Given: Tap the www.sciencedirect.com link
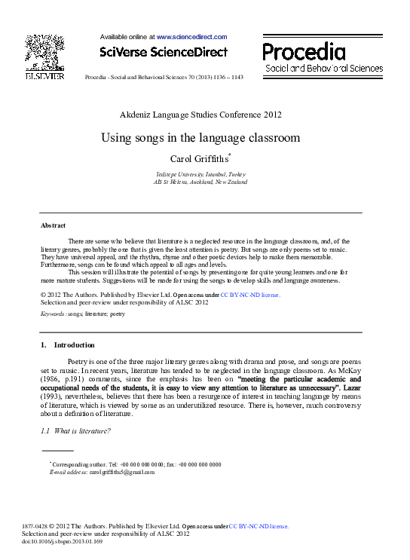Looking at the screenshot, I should pyautogui.click(x=191, y=36).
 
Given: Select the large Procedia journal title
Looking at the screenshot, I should pyautogui.click(x=304, y=51).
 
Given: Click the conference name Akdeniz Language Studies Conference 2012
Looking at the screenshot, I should pyautogui.click(x=200, y=115).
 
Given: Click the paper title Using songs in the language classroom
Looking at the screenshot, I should pyautogui.click(x=200, y=138).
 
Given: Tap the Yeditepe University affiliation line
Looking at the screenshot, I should pyautogui.click(x=200, y=173).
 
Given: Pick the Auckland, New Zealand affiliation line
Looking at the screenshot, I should pyautogui.click(x=200, y=182).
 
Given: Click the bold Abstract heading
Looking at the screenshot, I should pyautogui.click(x=53, y=225).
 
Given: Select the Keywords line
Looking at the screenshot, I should pyautogui.click(x=83, y=312).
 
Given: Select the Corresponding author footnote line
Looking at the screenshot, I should pyautogui.click(x=136, y=464).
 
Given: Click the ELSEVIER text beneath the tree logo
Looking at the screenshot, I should pyautogui.click(x=44, y=76).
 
